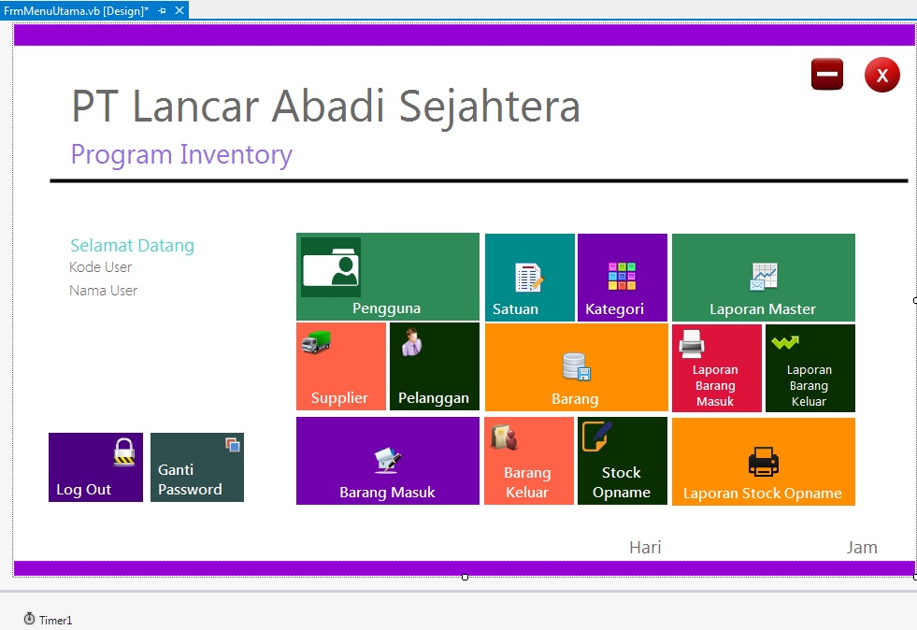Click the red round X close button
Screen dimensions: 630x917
881,75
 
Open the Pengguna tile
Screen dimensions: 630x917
387,278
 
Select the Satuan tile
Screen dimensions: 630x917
529,278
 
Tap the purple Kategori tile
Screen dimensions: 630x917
622,278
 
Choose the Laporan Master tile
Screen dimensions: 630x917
763,278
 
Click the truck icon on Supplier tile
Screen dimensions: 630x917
316,343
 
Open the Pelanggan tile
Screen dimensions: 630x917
434,367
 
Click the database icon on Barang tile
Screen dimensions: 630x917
575,366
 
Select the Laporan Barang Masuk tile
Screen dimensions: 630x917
715,368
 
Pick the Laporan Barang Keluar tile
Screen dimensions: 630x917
809,368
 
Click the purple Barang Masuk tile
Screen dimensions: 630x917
387,461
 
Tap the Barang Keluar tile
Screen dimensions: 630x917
528,461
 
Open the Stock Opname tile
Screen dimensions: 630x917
622,461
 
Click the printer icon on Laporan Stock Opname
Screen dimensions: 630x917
763,461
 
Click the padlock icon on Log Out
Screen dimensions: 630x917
124,452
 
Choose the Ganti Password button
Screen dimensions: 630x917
196,467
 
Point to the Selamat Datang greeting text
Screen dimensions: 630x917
132,246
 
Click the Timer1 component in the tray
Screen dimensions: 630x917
48,620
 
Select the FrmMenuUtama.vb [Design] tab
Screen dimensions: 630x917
76,10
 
